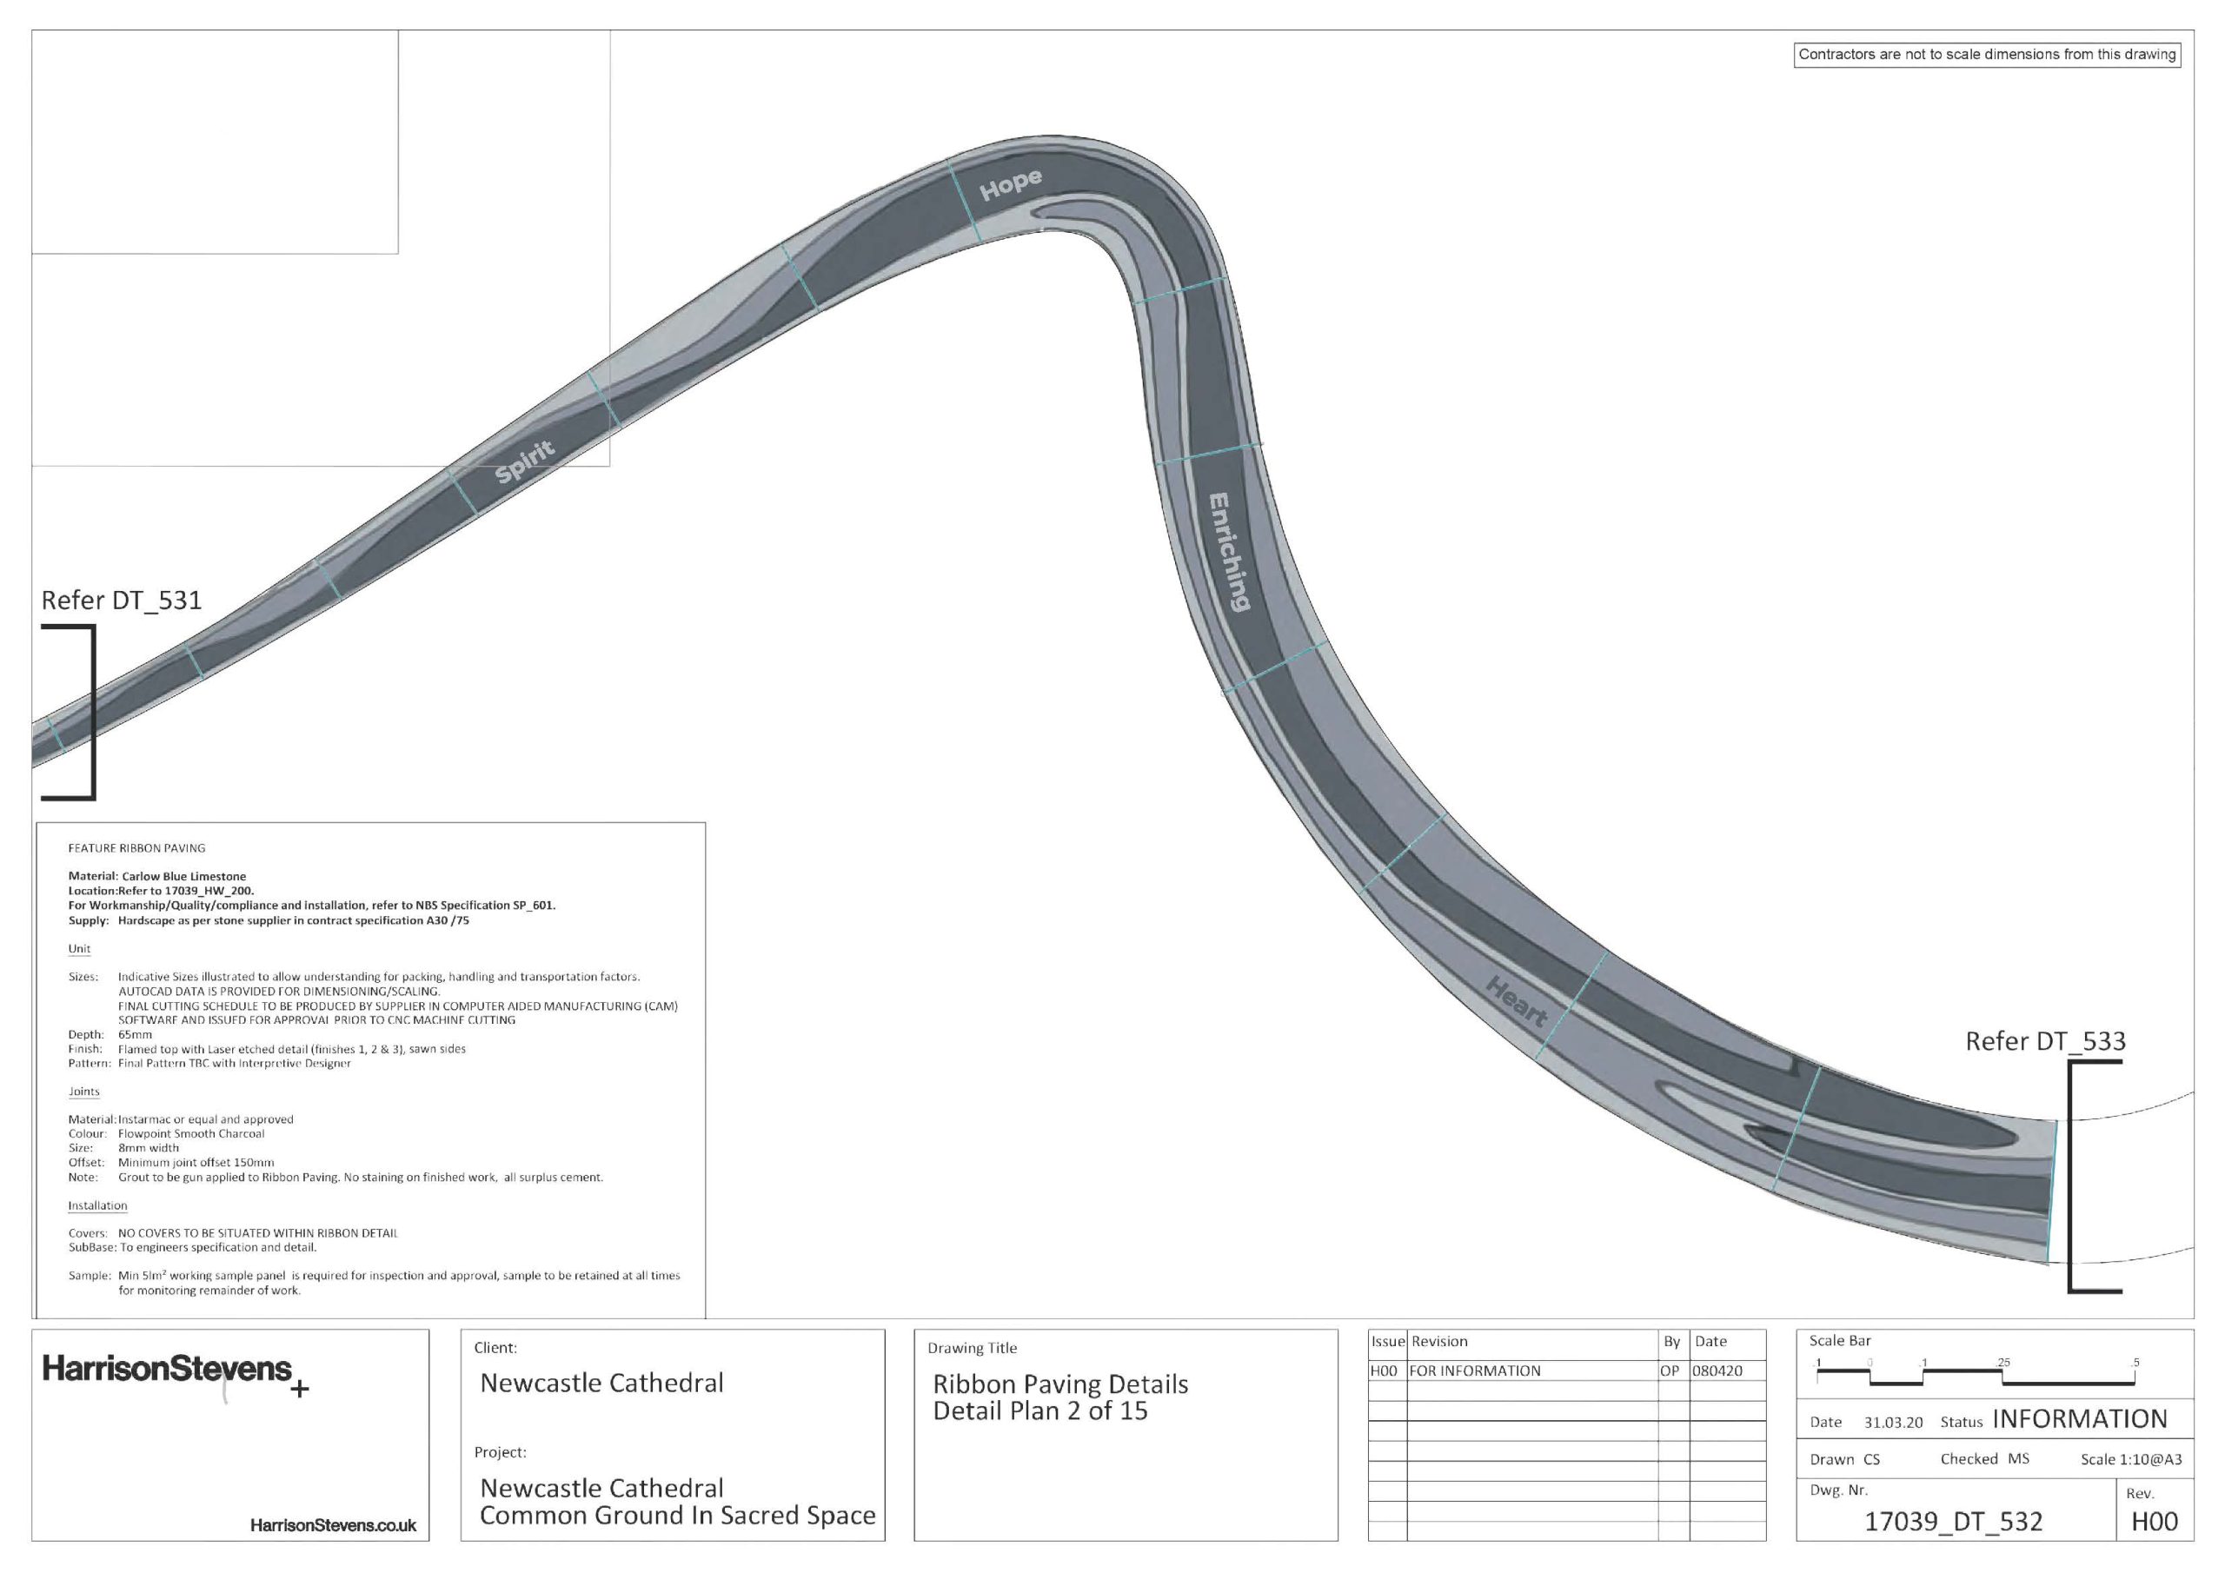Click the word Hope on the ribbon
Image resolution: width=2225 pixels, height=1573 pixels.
tap(1011, 183)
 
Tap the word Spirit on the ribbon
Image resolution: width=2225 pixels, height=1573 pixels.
tap(525, 461)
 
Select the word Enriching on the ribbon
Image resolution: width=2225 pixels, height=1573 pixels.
tap(1229, 552)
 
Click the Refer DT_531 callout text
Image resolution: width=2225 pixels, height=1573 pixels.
tap(121, 601)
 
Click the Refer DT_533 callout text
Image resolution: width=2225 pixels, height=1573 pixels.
tap(2046, 1042)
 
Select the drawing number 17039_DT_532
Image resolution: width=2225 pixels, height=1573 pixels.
tap(1953, 1522)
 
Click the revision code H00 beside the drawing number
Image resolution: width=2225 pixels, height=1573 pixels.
tap(2155, 1522)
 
